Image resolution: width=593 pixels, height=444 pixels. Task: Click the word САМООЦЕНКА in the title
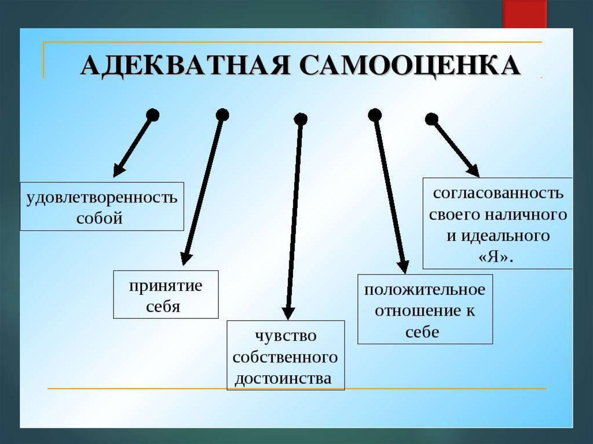[412, 65]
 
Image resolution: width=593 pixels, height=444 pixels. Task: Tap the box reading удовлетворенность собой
[102, 207]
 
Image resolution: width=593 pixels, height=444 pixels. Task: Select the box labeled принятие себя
[166, 294]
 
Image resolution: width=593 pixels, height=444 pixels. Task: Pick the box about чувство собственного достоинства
[285, 355]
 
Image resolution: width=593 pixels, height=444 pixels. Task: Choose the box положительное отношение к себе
[425, 309]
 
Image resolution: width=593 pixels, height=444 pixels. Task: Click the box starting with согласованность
[497, 223]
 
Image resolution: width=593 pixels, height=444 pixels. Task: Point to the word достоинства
[283, 379]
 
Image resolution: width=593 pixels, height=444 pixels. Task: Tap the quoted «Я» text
[497, 256]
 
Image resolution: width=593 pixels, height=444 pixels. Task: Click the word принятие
[165, 285]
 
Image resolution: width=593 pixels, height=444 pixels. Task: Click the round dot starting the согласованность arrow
[431, 119]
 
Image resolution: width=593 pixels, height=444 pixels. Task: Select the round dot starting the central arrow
[301, 119]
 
